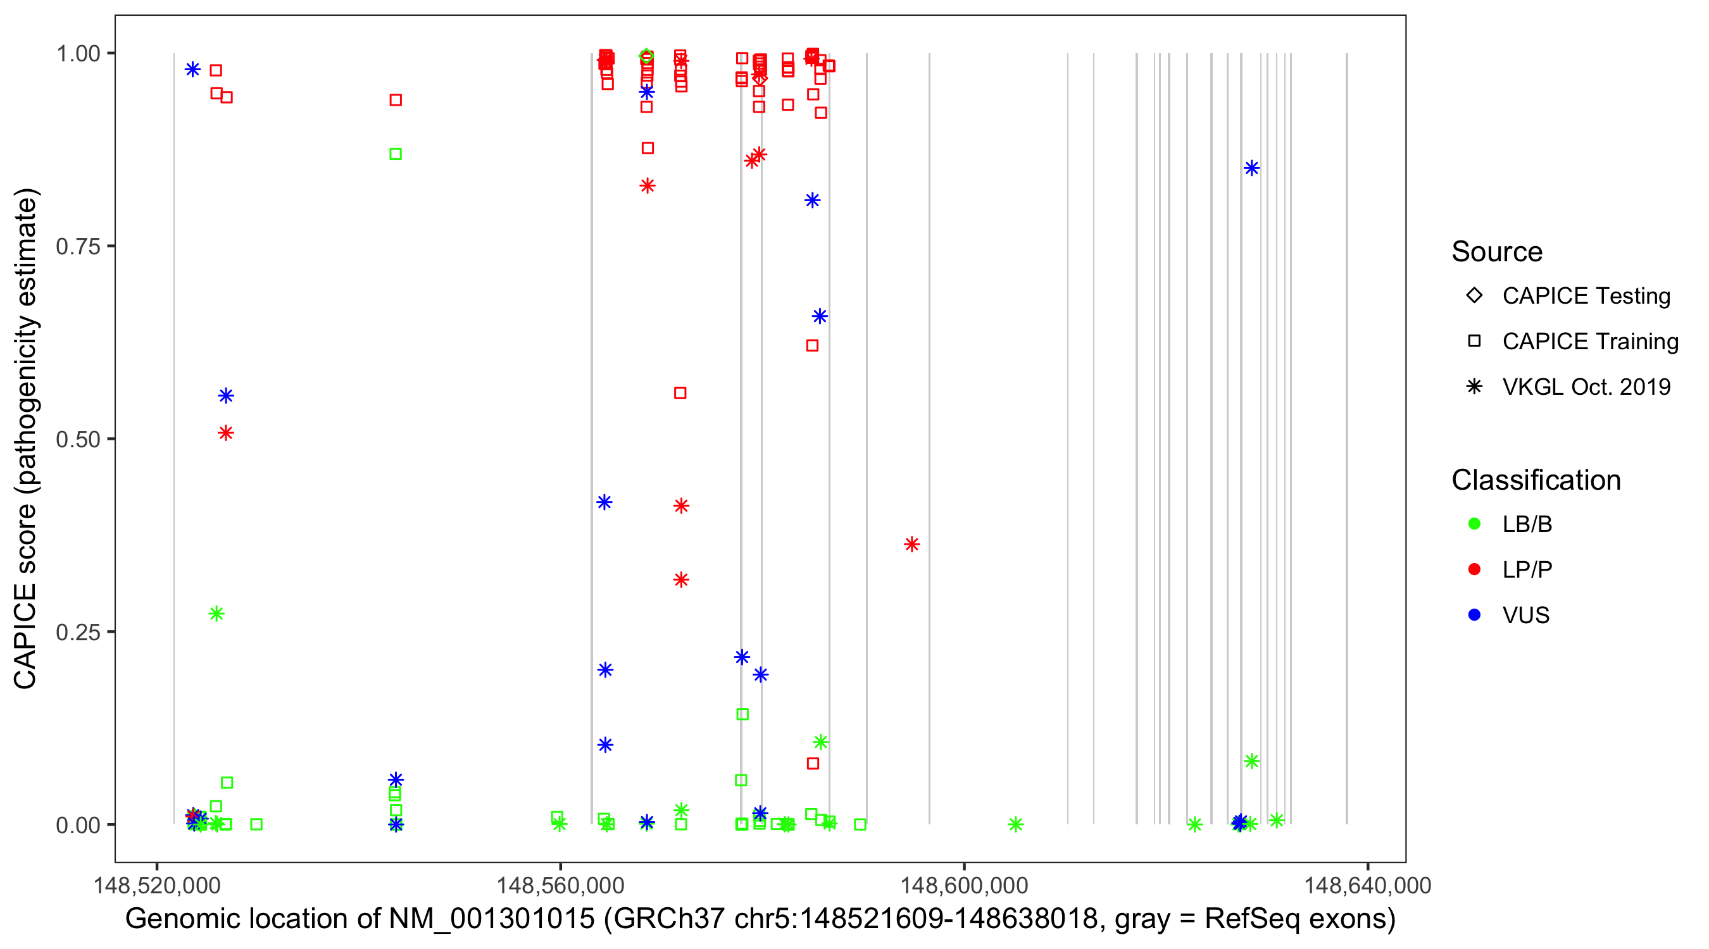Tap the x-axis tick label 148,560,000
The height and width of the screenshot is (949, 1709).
561,885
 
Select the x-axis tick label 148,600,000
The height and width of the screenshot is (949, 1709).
964,885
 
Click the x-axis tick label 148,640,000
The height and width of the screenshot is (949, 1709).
1367,885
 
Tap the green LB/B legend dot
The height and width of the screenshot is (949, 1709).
1475,524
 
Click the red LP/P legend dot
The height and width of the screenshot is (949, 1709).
1475,569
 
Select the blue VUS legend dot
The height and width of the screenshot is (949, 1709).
1475,616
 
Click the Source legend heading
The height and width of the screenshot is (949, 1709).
1497,252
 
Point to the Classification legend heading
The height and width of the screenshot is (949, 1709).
1536,480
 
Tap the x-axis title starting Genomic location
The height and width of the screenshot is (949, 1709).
760,919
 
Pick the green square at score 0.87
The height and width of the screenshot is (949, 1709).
396,154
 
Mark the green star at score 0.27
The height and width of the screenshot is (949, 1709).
216,614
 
